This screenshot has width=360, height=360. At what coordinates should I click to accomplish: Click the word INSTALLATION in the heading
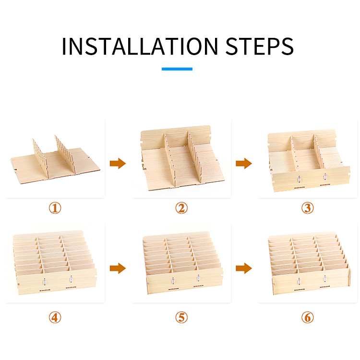tap(140, 46)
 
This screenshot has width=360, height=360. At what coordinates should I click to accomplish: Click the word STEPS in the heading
tap(260, 46)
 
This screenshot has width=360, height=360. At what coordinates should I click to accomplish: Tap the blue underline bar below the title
tap(177, 69)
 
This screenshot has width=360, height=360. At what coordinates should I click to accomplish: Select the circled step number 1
tap(55, 208)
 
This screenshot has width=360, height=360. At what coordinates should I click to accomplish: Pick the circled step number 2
tap(181, 208)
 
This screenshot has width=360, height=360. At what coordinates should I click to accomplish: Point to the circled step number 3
tap(307, 208)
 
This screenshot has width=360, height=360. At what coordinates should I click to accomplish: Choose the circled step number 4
tap(55, 317)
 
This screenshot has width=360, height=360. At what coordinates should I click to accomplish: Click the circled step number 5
tap(181, 317)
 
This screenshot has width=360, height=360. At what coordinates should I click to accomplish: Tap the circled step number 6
tap(307, 317)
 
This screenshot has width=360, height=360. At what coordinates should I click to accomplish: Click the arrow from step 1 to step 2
tap(118, 163)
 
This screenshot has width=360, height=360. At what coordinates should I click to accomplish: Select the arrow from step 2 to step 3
tap(244, 163)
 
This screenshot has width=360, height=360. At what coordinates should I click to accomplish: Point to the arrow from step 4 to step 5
tap(118, 268)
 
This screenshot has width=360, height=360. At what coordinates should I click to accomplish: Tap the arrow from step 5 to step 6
tap(244, 268)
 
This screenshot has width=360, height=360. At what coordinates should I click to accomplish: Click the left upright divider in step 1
tap(41, 158)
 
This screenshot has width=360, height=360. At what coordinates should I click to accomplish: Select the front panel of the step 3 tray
tap(311, 179)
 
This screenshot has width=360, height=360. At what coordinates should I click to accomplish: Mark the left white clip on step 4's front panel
tap(45, 281)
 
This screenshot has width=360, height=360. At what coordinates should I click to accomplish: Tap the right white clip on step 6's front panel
tap(324, 279)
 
